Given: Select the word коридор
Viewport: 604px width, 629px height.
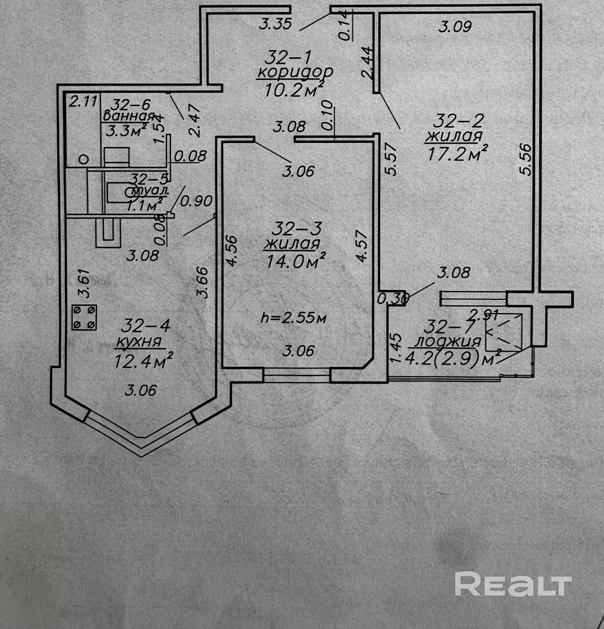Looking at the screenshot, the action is [x=295, y=72].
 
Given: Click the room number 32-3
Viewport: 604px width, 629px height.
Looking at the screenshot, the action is [x=296, y=229].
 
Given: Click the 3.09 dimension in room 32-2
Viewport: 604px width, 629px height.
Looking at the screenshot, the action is [x=455, y=27].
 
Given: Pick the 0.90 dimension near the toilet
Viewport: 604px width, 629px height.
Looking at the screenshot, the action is [x=196, y=201].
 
